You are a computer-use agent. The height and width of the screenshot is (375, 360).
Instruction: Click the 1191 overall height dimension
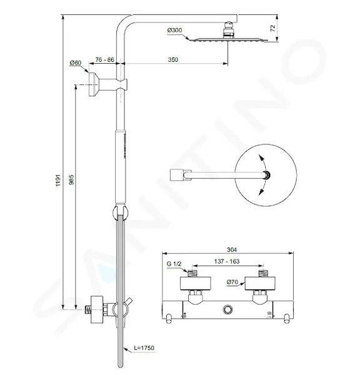[x=58, y=181]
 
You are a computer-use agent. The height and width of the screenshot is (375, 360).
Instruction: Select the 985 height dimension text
[x=71, y=180]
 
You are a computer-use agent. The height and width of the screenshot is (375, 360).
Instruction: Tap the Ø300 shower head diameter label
[x=174, y=31]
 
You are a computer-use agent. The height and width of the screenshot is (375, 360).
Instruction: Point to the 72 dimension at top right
[x=273, y=28]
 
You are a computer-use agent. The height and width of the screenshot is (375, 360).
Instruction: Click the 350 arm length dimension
[x=173, y=59]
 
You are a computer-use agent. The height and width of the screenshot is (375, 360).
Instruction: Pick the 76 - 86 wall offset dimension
[x=104, y=59]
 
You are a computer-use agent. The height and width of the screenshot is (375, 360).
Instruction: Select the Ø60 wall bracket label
[x=76, y=63]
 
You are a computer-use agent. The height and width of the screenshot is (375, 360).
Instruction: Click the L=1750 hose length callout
[x=144, y=348]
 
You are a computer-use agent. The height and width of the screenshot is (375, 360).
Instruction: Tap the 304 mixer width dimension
[x=232, y=250]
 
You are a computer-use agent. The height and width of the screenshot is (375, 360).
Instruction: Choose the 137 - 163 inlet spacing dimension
[x=227, y=261]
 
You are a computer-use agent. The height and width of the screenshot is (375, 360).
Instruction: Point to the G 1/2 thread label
[x=174, y=264]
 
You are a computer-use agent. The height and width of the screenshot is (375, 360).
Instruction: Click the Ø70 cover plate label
[x=232, y=282]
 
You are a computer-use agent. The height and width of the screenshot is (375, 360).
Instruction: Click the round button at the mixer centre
[x=227, y=309]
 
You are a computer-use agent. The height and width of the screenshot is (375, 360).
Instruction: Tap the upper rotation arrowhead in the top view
[x=261, y=158]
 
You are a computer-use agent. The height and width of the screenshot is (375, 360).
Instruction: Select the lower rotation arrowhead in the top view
[x=261, y=192]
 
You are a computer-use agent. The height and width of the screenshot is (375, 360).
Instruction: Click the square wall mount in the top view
[x=177, y=175]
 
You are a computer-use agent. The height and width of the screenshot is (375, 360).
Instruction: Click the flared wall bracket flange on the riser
[x=93, y=84]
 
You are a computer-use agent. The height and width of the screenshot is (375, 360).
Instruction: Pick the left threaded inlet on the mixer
[x=192, y=273]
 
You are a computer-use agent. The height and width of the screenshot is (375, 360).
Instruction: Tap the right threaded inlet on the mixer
[x=263, y=273]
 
